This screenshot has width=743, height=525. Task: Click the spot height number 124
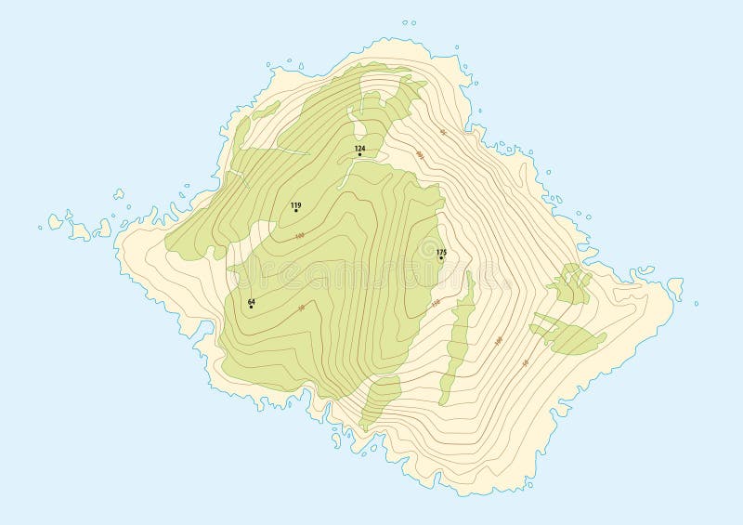click(360, 148)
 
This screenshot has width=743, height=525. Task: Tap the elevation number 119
click(296, 204)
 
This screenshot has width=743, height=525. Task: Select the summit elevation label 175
click(441, 252)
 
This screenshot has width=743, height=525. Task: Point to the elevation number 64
click(251, 301)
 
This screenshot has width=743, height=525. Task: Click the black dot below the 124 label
click(360, 154)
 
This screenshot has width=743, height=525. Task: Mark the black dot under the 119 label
click(296, 211)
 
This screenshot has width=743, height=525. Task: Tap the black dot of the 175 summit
click(441, 258)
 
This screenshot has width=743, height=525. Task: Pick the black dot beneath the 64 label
click(251, 307)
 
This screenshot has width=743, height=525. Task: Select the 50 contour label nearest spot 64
click(301, 308)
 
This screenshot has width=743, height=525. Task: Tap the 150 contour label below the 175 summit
click(435, 303)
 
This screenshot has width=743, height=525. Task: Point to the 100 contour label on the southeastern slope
click(499, 341)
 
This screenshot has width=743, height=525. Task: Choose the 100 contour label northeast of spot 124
click(420, 154)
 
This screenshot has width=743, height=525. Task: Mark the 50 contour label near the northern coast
click(443, 133)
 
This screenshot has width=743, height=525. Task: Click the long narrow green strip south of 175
click(458, 335)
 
